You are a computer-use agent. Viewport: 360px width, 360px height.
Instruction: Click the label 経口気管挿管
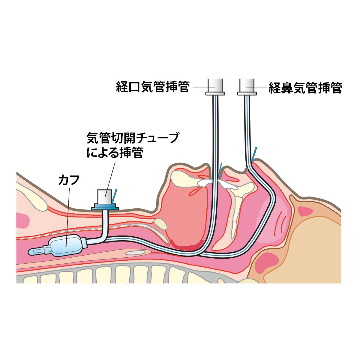click(153, 87)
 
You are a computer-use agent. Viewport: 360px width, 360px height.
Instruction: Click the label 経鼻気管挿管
click(305, 88)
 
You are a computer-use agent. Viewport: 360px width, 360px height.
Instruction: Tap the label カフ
click(69, 181)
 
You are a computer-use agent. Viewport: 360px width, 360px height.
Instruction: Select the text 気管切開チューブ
click(132, 139)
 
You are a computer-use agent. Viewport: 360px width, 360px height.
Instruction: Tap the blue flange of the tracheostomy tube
click(105, 207)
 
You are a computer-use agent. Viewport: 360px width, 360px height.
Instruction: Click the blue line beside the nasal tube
click(254, 153)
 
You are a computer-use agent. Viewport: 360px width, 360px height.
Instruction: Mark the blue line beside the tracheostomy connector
click(114, 195)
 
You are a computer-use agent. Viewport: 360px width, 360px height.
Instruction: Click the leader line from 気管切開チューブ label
click(110, 177)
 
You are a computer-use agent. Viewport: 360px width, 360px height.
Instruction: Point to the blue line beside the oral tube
click(221, 169)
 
